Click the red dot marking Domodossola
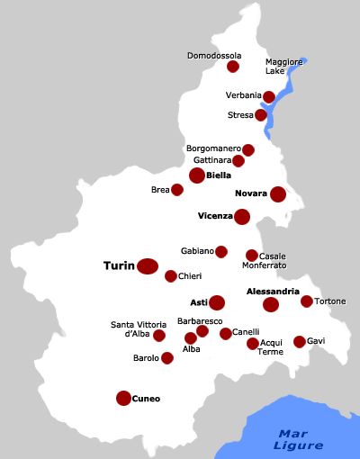(x=233, y=67)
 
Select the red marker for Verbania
(x=269, y=97)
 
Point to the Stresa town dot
(x=261, y=115)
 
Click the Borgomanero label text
(x=213, y=148)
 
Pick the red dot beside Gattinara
(x=238, y=161)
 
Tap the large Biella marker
(x=197, y=175)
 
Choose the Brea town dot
(x=177, y=190)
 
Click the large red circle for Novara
(x=278, y=193)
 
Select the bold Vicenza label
(x=215, y=216)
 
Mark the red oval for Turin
(x=148, y=265)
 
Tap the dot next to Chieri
(x=171, y=276)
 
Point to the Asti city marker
(x=217, y=302)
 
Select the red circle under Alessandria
(x=271, y=305)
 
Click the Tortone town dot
(x=307, y=301)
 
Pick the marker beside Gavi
(x=300, y=342)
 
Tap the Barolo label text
(x=146, y=358)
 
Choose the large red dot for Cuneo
(x=123, y=398)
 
